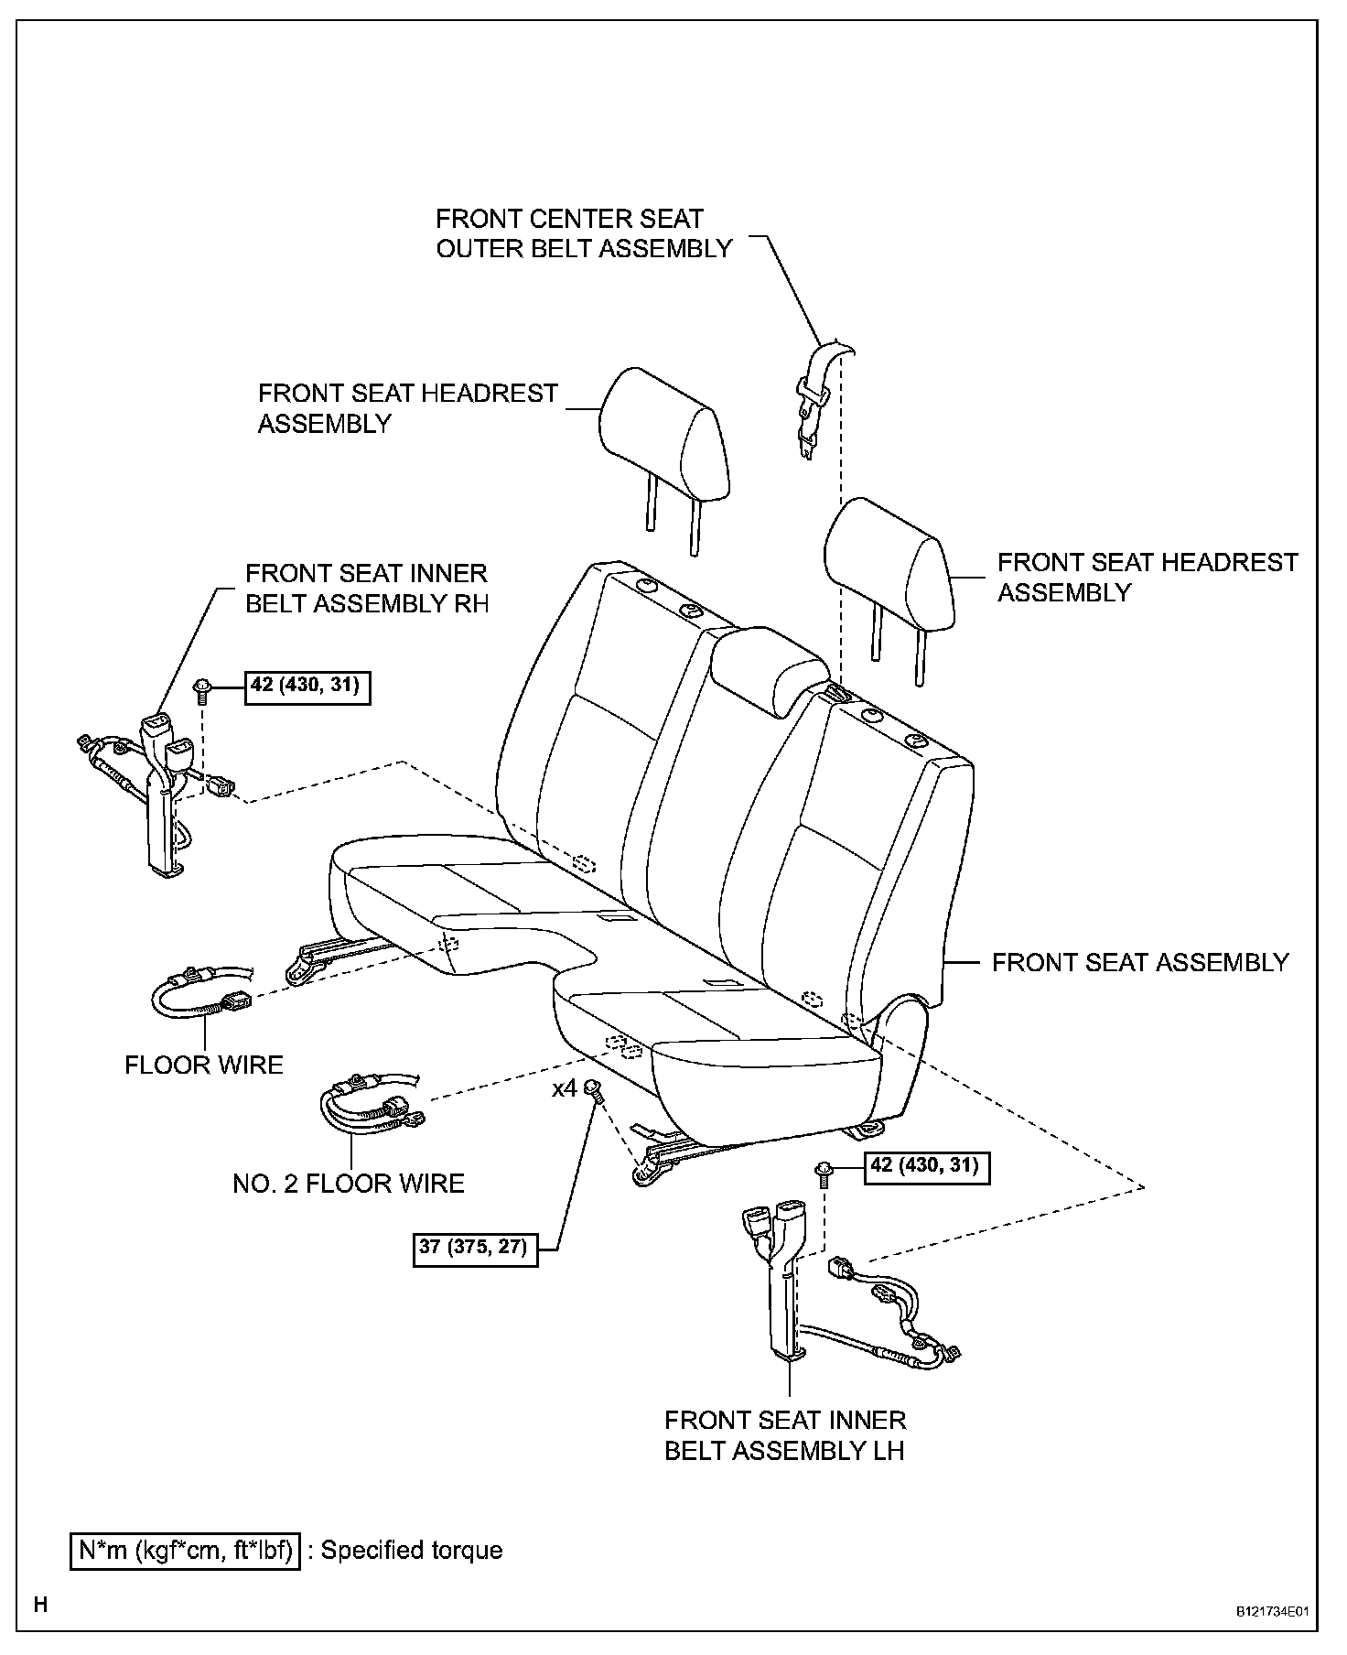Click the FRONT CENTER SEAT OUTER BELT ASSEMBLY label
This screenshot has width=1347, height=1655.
[x=584, y=233]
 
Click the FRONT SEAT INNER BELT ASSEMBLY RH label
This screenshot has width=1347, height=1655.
[x=367, y=589]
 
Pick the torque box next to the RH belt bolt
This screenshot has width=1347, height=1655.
[x=307, y=686]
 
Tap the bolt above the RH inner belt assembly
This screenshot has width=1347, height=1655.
[x=202, y=687]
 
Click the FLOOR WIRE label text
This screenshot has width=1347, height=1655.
[x=204, y=1065]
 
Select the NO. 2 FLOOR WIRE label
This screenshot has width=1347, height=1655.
[x=349, y=1184]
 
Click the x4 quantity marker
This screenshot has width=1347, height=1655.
[x=565, y=1089]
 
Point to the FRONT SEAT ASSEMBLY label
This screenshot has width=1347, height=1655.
[x=1140, y=962]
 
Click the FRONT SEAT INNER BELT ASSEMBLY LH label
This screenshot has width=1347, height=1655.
[x=785, y=1435]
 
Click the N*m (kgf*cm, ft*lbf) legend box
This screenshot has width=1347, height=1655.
[x=186, y=1551]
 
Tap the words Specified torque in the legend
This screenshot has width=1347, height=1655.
[x=412, y=1551]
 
